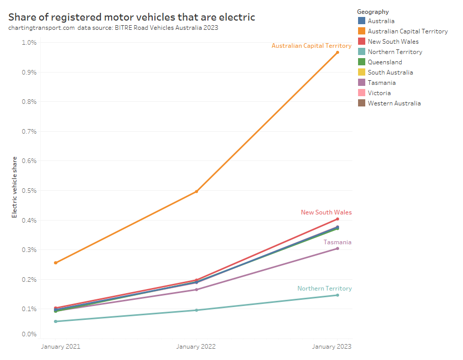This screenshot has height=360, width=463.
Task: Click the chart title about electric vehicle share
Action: (132, 17)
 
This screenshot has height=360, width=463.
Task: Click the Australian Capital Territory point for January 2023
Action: (337, 52)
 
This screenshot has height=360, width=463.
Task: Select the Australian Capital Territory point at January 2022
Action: (197, 192)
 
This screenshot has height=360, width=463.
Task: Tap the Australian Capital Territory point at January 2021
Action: (56, 263)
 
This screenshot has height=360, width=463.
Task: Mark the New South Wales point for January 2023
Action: (337, 219)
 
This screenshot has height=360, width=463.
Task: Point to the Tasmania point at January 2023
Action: (337, 248)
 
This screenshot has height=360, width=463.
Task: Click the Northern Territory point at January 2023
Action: (337, 295)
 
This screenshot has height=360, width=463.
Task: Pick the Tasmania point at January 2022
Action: (197, 290)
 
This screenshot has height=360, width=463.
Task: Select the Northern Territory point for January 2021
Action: (56, 321)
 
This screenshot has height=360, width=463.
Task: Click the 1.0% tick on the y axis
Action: (29, 43)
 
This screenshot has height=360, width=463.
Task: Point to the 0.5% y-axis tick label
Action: (29, 191)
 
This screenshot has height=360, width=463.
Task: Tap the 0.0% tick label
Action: (29, 334)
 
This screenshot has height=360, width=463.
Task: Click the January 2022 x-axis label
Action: (196, 347)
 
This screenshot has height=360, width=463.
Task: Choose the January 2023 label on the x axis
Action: (332, 347)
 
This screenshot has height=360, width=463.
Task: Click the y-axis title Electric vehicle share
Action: (15, 187)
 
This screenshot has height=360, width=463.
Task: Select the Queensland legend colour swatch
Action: (362, 62)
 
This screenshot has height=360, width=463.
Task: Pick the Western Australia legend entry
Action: (394, 103)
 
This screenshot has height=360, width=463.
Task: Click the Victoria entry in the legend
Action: (379, 93)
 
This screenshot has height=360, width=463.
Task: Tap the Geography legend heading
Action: (372, 12)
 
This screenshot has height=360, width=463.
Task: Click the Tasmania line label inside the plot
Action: (337, 242)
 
